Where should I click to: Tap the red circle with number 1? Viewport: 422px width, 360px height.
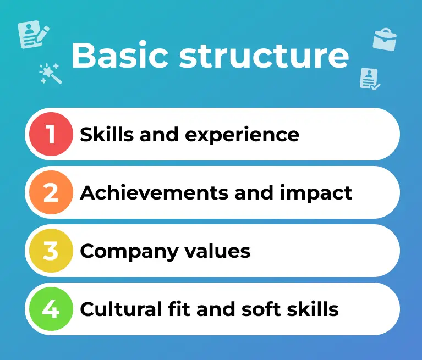click(51, 134)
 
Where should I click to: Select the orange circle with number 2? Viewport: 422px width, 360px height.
click(51, 193)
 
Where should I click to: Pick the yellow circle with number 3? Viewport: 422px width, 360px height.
click(51, 251)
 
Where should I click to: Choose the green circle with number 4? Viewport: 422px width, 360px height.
click(51, 309)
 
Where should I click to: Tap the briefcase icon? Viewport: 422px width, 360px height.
click(384, 40)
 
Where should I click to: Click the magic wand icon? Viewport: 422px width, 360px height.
click(50, 73)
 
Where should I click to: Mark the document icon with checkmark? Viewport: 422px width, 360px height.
click(369, 79)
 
